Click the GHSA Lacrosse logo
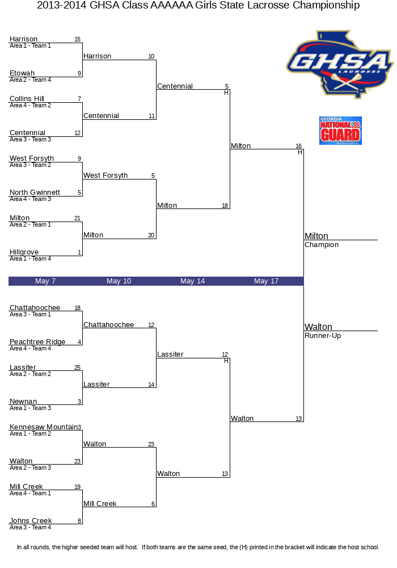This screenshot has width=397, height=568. pyautogui.click(x=340, y=65)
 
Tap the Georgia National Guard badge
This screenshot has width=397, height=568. pyautogui.click(x=340, y=131)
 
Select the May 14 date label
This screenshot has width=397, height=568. pyautogui.click(x=192, y=281)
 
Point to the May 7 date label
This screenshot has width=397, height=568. pyautogui.click(x=45, y=281)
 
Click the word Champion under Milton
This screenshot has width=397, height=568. pyautogui.click(x=322, y=245)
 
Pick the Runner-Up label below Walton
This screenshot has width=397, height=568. pyautogui.click(x=323, y=336)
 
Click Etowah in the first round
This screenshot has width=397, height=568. pyautogui.click(x=22, y=73)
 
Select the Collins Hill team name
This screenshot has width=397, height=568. pyautogui.click(x=27, y=98)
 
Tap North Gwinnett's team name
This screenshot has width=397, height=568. pyautogui.click(x=35, y=193)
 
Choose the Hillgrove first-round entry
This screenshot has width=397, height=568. pyautogui.click(x=24, y=252)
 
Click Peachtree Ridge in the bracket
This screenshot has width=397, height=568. pyautogui.click(x=37, y=341)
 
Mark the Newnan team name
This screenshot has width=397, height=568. pyautogui.click(x=23, y=402)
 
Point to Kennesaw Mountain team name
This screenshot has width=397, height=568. pyautogui.click(x=43, y=427)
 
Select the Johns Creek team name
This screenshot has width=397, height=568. pyautogui.click(x=31, y=520)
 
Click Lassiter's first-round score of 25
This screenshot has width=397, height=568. pyautogui.click(x=77, y=367)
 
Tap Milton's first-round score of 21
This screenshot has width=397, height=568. pyautogui.click(x=77, y=219)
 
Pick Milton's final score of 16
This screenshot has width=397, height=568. pyautogui.click(x=299, y=146)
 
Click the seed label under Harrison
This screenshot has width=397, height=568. pyautogui.click(x=30, y=46)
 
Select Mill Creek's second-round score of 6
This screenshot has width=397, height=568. pyautogui.click(x=153, y=504)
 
